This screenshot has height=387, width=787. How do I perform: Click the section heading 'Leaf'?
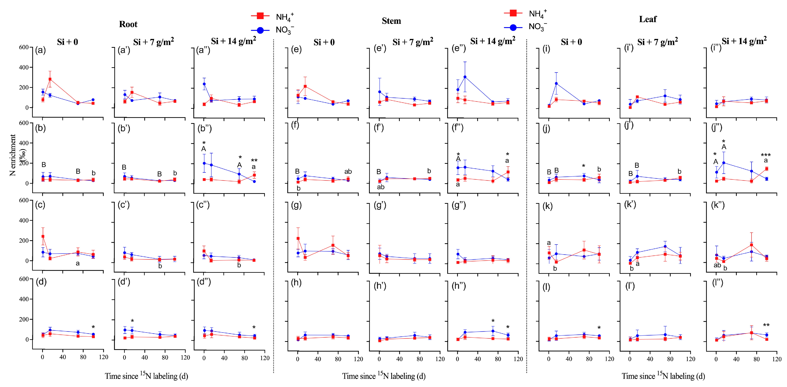click(647, 19)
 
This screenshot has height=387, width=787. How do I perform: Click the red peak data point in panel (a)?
click(50, 79)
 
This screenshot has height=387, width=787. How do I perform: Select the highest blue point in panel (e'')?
click(465, 77)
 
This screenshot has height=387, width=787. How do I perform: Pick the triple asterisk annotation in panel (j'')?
click(766, 155)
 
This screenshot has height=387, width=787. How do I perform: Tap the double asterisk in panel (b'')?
click(254, 160)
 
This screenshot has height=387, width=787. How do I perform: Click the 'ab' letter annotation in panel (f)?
click(348, 172)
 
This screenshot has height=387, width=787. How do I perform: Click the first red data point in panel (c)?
click(43, 236)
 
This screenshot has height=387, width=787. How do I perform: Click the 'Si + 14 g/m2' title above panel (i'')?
click(744, 41)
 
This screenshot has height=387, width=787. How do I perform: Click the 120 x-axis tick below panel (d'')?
click(265, 358)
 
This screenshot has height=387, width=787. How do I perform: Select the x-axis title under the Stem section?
click(384, 376)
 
